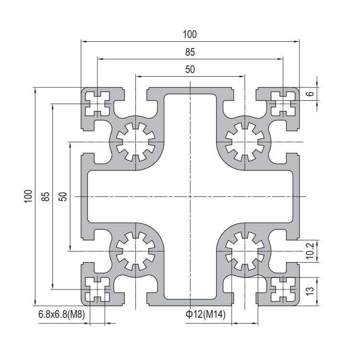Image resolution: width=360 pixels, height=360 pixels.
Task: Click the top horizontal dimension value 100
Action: pos(190,35)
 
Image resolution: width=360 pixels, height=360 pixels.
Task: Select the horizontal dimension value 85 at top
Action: pos(190,52)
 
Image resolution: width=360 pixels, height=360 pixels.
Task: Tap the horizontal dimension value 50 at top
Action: pos(190,69)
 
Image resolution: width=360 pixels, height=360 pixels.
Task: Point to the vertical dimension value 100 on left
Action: pos(28,196)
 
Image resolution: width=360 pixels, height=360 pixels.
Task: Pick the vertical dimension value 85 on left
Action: pos(46,196)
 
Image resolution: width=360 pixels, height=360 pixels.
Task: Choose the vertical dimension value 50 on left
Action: pos(63,196)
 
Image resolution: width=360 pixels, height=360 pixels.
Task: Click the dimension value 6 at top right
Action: pos(310,94)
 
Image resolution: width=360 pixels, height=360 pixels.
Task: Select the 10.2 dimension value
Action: pos(310,251)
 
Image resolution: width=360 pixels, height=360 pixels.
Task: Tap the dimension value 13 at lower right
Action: pos(310,291)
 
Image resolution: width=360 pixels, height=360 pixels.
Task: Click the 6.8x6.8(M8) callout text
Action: pos(61,314)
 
